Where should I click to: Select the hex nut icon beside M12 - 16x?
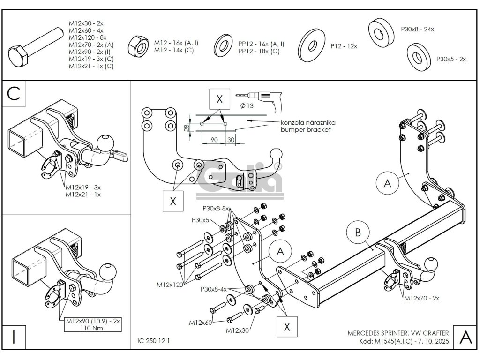click(x=138, y=46)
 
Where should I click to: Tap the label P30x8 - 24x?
click(x=417, y=30)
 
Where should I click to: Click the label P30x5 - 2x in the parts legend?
click(x=451, y=59)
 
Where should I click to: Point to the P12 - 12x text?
click(x=344, y=46)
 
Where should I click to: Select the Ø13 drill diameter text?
click(x=247, y=105)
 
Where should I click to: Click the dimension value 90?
click(x=214, y=140)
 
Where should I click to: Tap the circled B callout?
click(x=358, y=232)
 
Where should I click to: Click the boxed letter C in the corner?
click(x=14, y=93)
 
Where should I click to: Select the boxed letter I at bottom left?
click(x=14, y=337)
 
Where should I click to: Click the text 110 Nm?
click(x=93, y=328)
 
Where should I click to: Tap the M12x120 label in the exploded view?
click(x=170, y=285)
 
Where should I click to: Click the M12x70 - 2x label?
click(x=421, y=298)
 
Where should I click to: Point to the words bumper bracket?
click(x=306, y=129)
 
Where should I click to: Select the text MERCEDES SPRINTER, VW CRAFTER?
click(x=398, y=333)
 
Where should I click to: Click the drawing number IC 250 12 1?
click(x=154, y=341)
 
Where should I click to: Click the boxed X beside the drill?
click(x=219, y=99)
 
